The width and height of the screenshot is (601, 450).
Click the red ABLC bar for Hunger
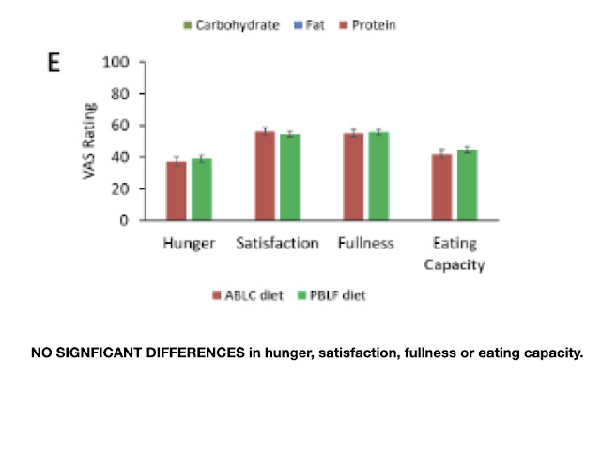[177, 191]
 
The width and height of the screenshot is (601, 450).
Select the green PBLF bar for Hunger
[202, 189]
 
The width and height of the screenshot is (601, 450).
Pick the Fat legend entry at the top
[314, 25]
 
